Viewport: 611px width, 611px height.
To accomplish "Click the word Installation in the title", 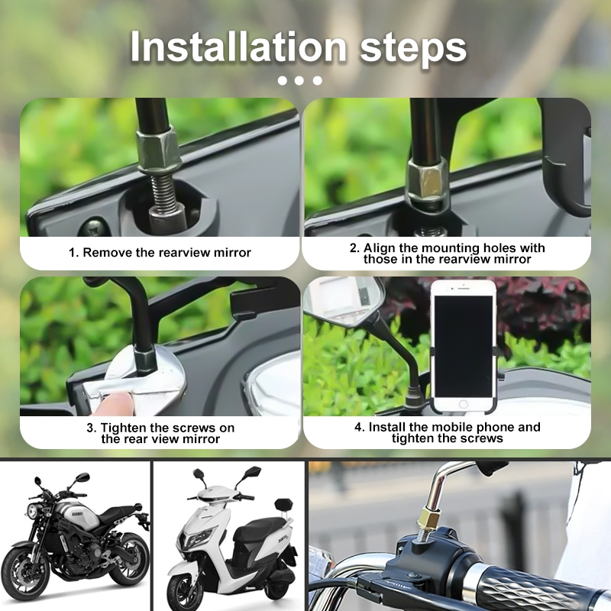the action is [238, 47].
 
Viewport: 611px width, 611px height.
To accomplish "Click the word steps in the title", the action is [413, 50].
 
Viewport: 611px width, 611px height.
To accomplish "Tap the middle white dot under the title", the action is [299, 80].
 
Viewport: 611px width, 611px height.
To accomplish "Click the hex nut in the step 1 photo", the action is [158, 149].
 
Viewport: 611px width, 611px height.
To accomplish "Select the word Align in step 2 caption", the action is [379, 248].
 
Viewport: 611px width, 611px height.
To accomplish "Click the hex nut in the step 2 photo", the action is [428, 182].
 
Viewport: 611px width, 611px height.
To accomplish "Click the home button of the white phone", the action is [463, 405].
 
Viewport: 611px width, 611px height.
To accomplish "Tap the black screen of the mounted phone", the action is [464, 346].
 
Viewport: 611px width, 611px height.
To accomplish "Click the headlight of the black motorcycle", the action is [33, 511].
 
